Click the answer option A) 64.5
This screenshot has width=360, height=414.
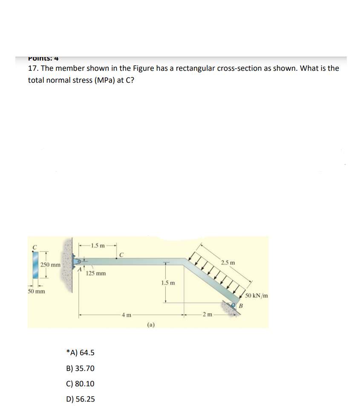pos(81,353)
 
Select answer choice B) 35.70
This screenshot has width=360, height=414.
pos(81,368)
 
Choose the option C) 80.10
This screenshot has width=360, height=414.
pos(81,383)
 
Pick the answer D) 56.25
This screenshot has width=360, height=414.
pos(81,399)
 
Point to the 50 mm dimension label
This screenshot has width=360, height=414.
pos(37,291)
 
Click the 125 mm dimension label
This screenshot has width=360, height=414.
pos(96,273)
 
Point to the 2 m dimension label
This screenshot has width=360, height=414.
pos(207,315)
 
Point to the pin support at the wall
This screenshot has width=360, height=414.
pos(78,261)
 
